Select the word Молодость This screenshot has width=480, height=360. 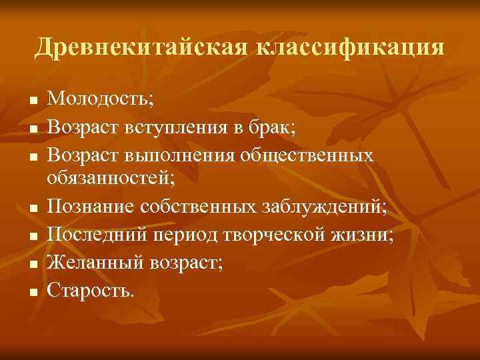point(101,100)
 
